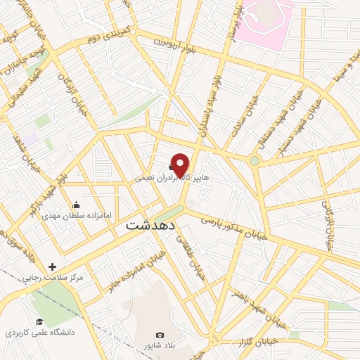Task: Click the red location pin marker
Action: coord(181,165)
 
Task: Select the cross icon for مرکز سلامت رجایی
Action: coord(52,266)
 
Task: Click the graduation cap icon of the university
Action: coord(39,321)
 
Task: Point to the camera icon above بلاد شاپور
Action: coord(160,335)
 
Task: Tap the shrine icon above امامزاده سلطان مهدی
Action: coord(76,205)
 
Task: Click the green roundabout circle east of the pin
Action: coord(255,161)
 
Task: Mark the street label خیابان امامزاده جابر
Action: coord(143,271)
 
